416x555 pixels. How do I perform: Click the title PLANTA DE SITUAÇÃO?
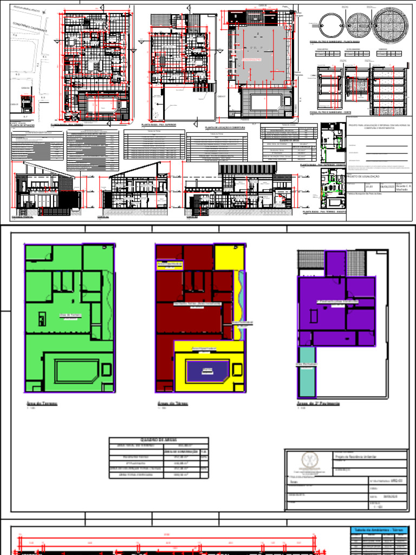pos(22,125)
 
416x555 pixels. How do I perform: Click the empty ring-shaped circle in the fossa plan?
pos(329,24)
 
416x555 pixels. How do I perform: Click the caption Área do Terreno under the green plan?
pos(42,404)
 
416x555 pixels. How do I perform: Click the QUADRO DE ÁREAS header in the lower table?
pos(159,440)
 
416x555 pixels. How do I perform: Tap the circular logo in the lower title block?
pos(309,461)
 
